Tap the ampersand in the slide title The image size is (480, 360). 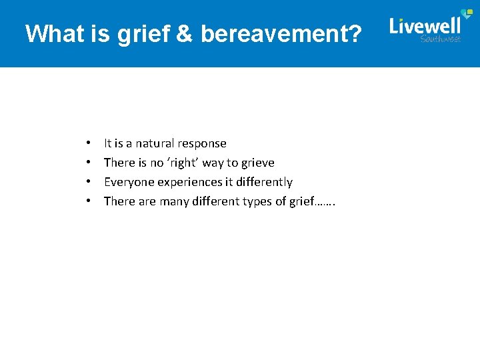185,33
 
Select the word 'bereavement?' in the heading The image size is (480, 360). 281,33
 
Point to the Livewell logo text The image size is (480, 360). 425,26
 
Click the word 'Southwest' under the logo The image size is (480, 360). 441,39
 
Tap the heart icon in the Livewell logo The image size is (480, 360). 467,15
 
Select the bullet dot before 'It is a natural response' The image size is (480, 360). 88,143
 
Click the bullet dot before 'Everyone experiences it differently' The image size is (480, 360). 88,182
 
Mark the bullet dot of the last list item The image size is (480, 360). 88,201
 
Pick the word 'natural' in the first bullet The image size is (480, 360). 156,143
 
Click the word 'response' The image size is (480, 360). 203,144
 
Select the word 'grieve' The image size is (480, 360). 257,163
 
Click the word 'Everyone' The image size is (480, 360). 126,182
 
